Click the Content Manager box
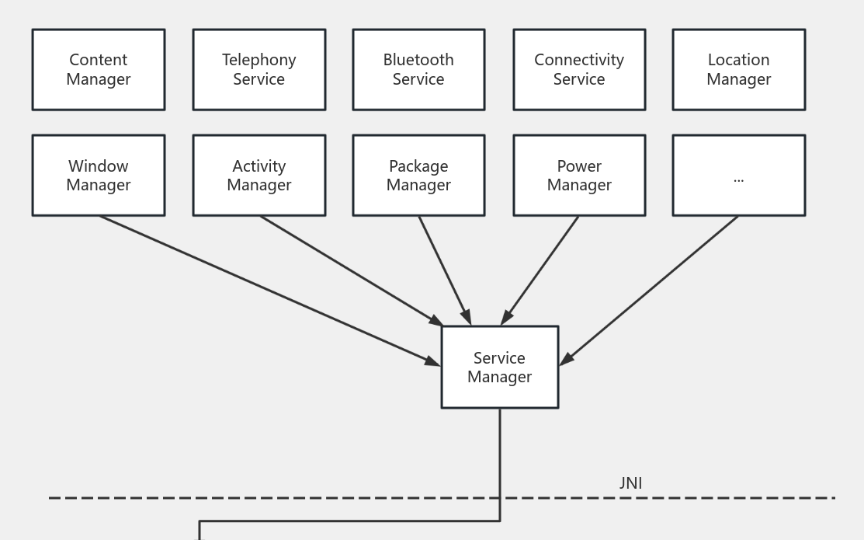99,70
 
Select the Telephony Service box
259,70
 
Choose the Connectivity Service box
579,70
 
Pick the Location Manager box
738,70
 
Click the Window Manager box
99,176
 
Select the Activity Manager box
259,176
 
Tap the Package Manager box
418,176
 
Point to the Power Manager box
579,176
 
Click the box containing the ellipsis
738,176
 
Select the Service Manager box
499,368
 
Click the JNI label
630,483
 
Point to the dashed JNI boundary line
311,497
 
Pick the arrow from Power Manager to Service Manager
541,269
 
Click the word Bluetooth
418,60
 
